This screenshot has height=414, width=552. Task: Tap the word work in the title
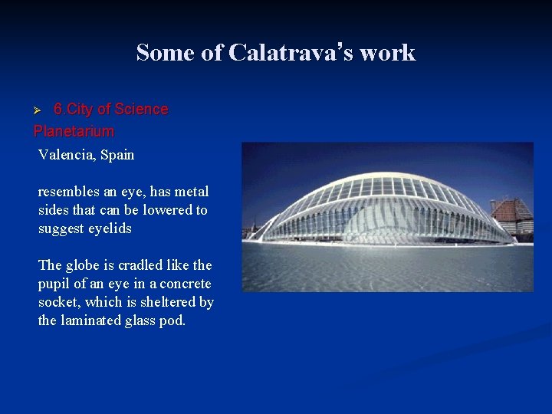click(387, 53)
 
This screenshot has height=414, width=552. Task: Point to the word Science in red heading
click(141, 109)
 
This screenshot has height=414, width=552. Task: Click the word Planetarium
click(74, 131)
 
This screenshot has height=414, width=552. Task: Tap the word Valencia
click(66, 155)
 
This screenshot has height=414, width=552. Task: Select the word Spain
click(117, 155)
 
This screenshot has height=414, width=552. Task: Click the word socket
click(58, 302)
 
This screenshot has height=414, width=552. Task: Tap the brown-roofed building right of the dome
click(511, 214)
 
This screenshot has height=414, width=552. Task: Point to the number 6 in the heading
click(57, 109)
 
